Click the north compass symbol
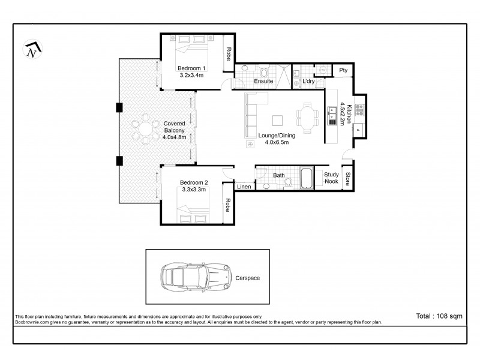32,50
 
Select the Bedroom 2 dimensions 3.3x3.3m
194,190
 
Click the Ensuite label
264,81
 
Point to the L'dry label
309,81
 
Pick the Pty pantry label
343,70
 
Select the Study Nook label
331,178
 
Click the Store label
347,179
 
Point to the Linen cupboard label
244,187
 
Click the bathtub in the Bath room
306,178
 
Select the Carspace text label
248,278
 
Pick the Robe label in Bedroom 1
229,55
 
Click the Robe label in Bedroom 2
229,206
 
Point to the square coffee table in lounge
278,119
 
